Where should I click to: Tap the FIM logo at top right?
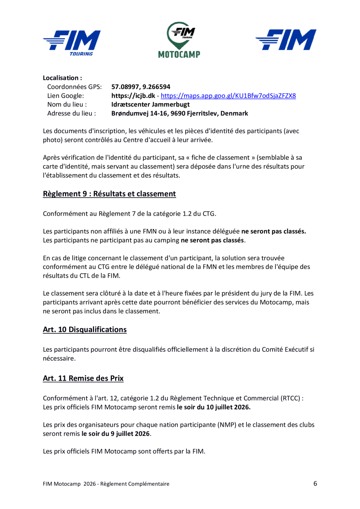tap(286, 40)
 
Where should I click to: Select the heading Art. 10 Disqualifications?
tap(85, 330)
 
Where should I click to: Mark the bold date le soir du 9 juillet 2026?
tap(116, 434)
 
